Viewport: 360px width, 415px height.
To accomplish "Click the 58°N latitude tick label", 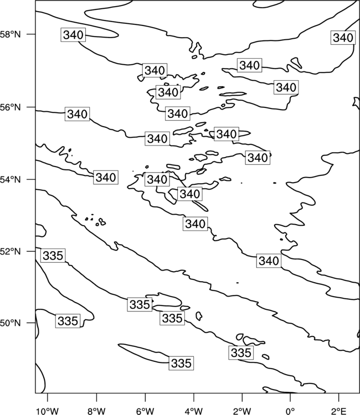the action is [10, 34].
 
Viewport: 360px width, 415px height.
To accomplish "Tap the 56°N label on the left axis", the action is [10, 107].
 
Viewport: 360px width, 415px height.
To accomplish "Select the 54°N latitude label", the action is [10, 180].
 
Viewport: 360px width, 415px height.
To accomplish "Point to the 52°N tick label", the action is [10, 251].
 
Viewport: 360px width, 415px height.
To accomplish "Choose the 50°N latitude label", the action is [10, 323].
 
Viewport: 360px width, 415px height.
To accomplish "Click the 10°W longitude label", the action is [48, 411].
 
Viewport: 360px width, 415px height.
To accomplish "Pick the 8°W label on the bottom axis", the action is [96, 411].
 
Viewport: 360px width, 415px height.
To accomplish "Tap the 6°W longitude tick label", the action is [145, 411].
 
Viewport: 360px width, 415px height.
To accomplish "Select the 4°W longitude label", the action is [194, 411].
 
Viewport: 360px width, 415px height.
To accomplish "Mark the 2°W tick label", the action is [242, 411].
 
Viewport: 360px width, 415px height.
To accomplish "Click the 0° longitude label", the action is [290, 411].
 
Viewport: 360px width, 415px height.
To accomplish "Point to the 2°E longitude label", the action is [339, 411].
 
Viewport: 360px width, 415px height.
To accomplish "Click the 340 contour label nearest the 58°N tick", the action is [73, 35].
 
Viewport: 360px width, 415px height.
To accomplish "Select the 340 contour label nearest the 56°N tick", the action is [78, 114].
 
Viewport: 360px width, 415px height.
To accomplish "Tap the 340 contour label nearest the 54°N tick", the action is [106, 177].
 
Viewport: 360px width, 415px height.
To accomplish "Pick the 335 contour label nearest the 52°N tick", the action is [53, 256].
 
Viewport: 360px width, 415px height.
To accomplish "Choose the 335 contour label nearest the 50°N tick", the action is [68, 321].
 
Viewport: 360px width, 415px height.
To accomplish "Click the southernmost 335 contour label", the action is [181, 363].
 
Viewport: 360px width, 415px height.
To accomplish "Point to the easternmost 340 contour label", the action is [343, 38].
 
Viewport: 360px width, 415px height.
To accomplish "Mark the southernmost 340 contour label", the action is [269, 261].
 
